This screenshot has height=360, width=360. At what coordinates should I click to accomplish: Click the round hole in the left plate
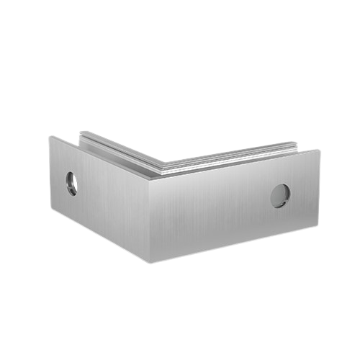pyautogui.click(x=72, y=182)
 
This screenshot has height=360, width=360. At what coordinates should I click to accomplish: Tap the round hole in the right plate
pyautogui.click(x=280, y=195)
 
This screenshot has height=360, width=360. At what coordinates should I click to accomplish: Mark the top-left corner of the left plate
pyautogui.click(x=49, y=135)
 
